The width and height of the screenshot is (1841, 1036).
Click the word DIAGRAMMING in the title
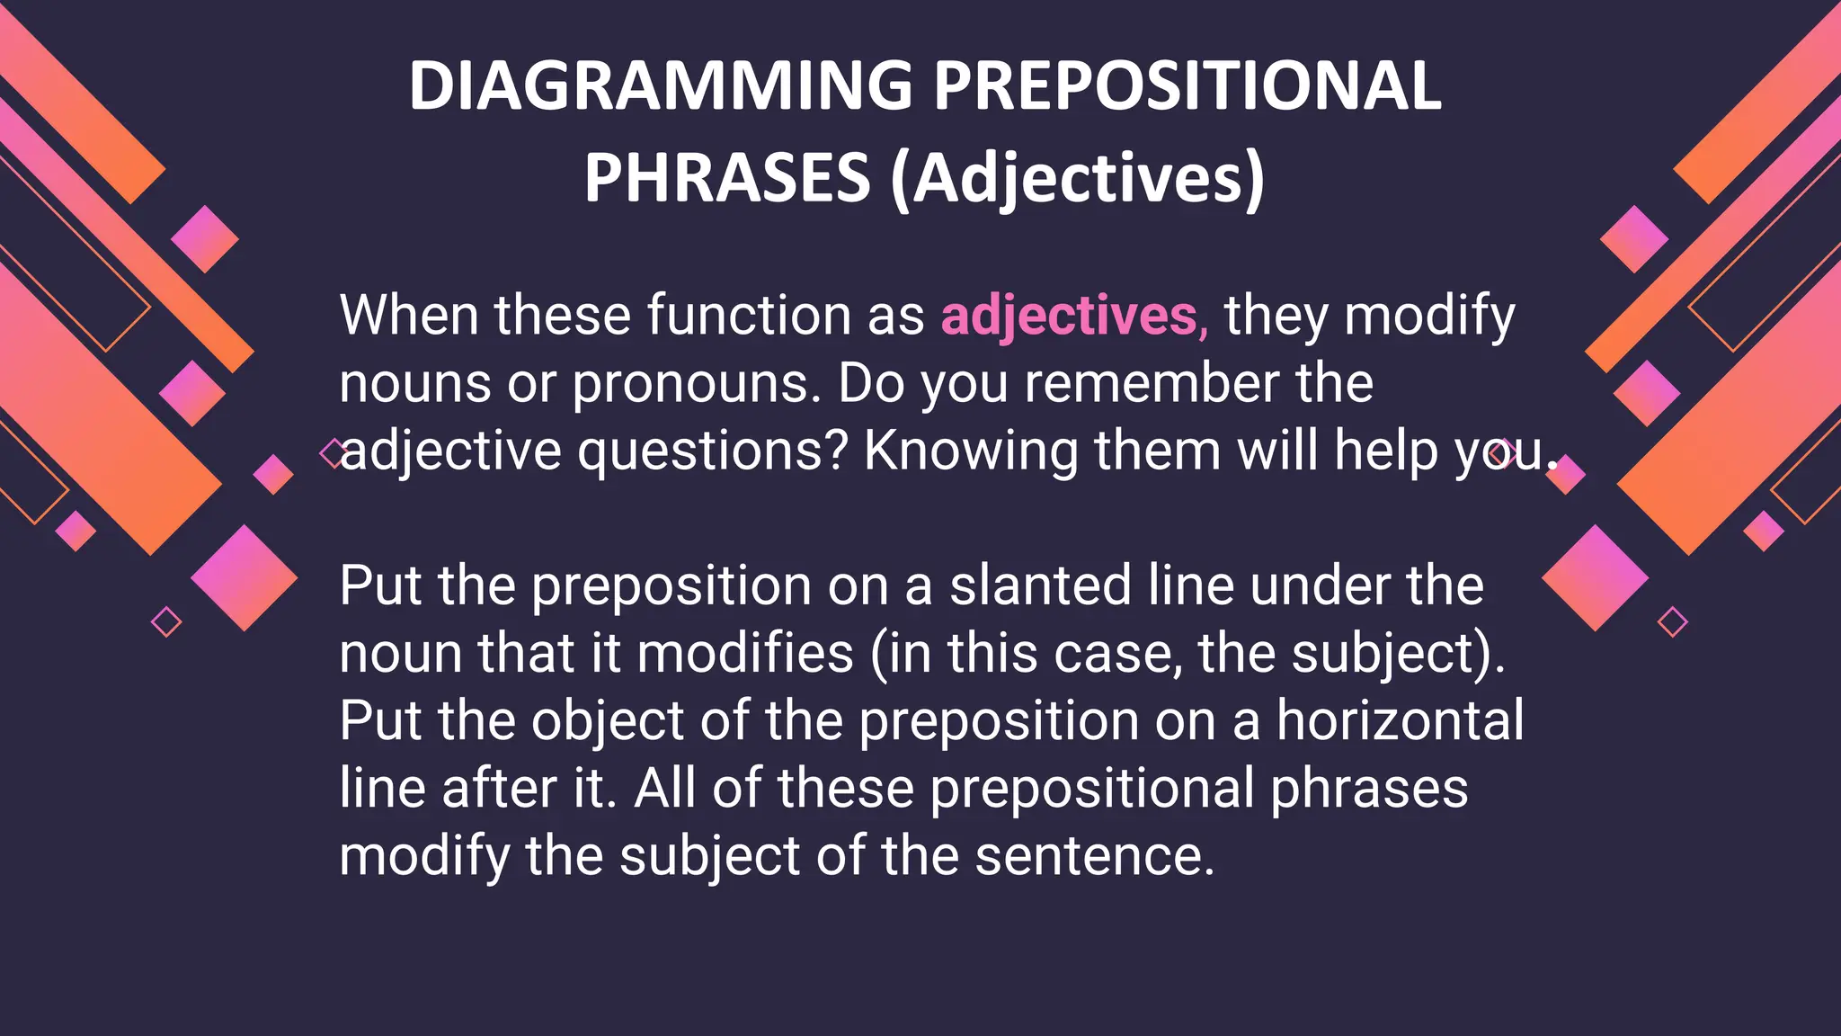point(661,85)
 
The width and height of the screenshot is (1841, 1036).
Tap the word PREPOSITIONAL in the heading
point(1187,85)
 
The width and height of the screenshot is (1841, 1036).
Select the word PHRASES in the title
point(726,177)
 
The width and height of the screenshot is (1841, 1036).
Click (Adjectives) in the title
point(1077,177)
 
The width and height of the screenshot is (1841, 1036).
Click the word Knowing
point(971,451)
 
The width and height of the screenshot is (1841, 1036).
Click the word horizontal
point(1400,720)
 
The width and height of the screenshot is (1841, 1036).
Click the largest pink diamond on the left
point(244,577)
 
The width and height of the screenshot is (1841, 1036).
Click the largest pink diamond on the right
point(1596,577)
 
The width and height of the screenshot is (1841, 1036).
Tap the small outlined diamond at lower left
point(166,621)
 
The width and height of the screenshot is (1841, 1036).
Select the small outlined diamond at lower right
point(1672,621)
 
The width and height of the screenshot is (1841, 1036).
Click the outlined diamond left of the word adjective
point(334,453)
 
